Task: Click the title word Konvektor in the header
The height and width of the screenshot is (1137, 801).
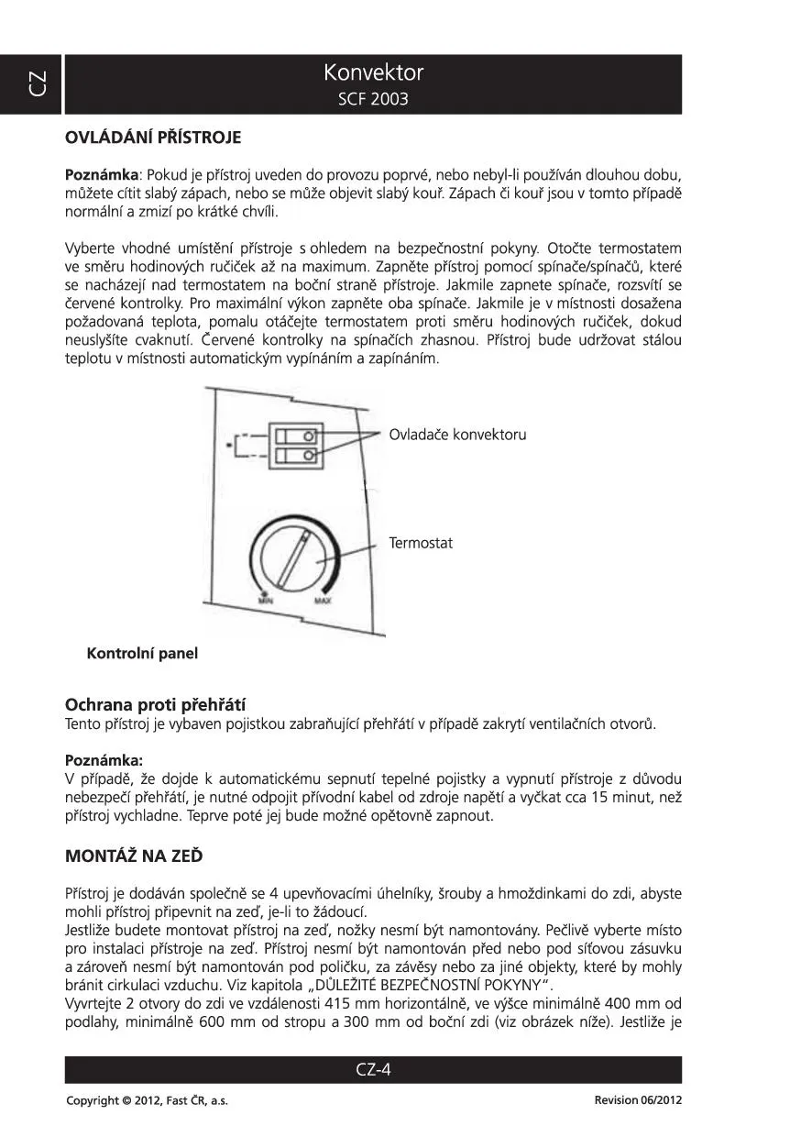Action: coord(373,72)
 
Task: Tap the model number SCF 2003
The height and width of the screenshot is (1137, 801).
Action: coord(373,99)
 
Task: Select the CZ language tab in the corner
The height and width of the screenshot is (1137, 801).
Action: coord(34,83)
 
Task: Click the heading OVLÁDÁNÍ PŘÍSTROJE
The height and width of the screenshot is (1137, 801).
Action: coord(153,138)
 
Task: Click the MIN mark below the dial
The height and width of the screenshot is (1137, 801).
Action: coord(265,601)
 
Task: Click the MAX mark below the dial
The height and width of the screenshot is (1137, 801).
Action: coord(323,601)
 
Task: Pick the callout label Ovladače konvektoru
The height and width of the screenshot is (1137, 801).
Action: coord(457,435)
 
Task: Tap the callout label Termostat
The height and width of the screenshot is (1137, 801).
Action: coord(421,543)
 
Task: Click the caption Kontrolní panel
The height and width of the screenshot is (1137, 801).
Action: coord(142,654)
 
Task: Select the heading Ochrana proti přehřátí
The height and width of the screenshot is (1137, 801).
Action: coord(155,705)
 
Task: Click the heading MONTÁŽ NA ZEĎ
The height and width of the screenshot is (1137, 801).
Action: coord(134,856)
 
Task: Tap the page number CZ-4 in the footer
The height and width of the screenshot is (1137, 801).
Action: coord(373,1069)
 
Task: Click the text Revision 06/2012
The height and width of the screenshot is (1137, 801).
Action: coord(638,1100)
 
